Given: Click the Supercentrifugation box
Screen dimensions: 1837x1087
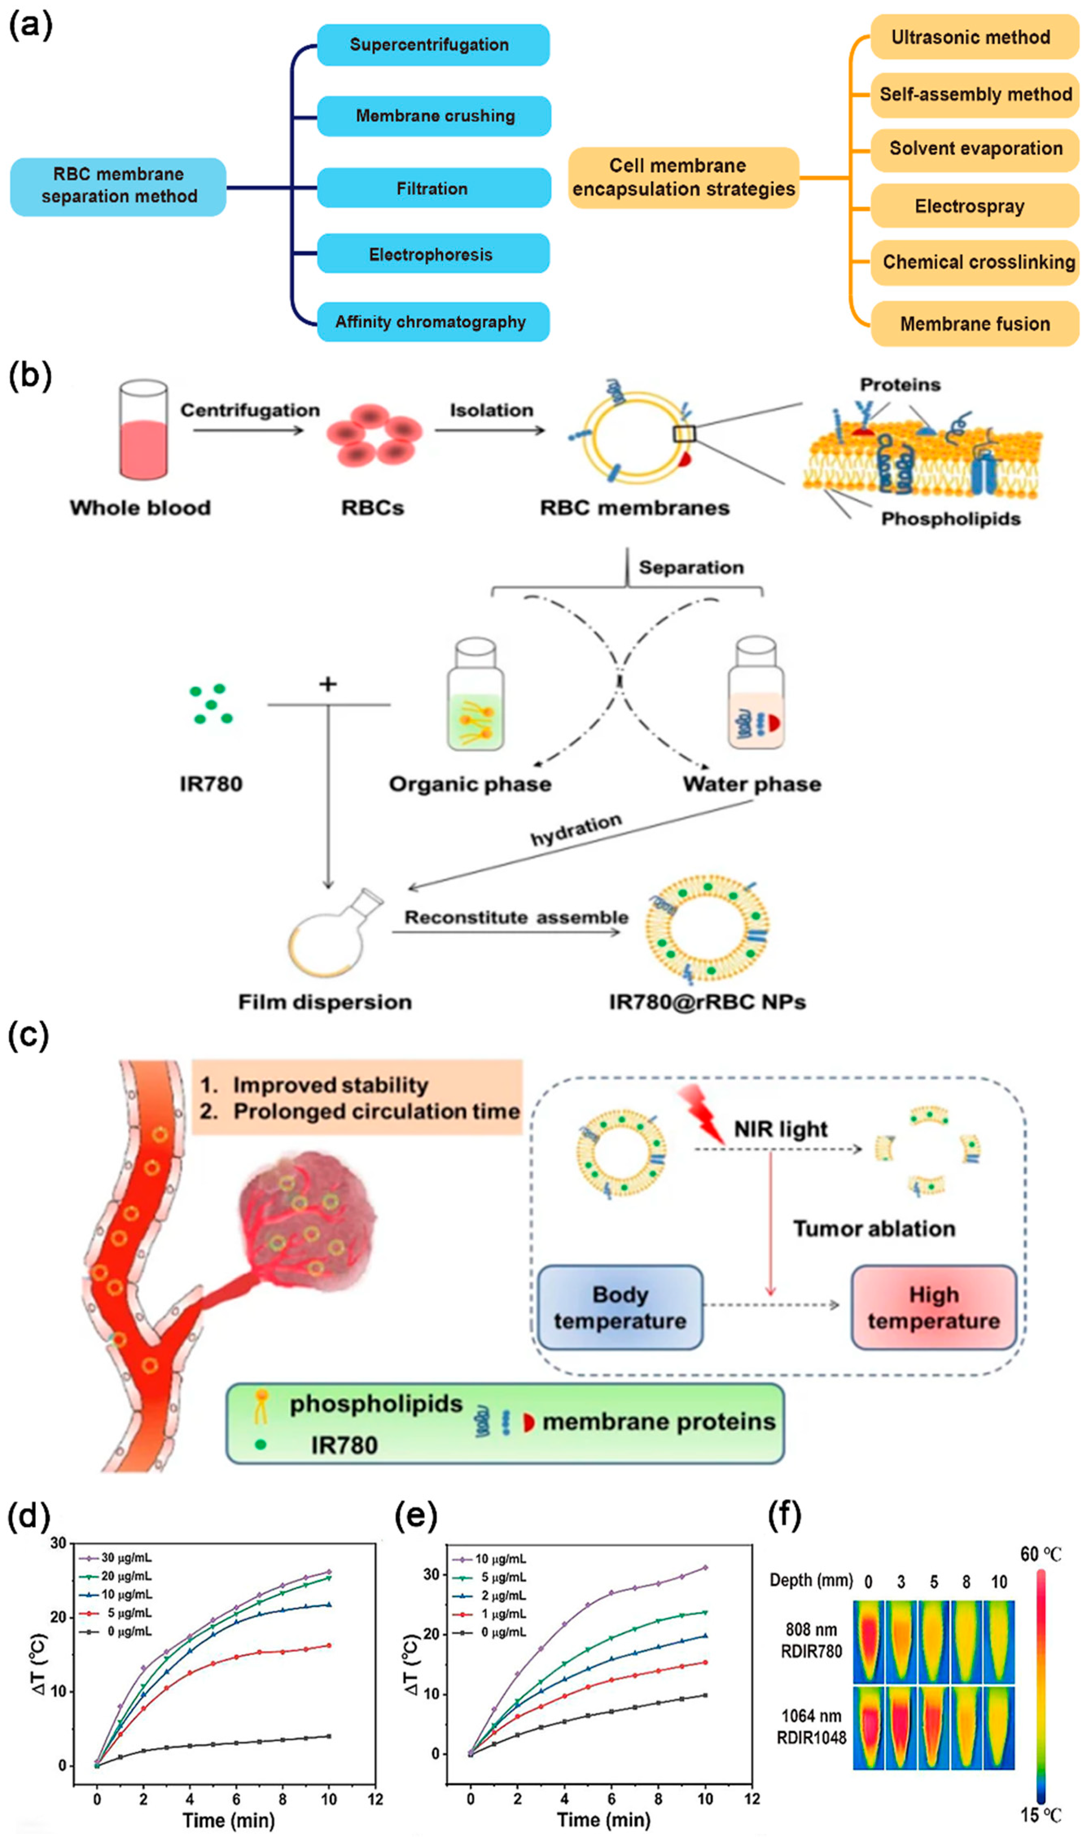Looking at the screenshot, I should tap(433, 45).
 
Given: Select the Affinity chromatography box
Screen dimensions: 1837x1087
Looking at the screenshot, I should tap(433, 322).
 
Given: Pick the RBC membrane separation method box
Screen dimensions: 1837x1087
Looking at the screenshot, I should tap(118, 186).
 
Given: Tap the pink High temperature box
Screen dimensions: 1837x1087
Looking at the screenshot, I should tap(933, 1308).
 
